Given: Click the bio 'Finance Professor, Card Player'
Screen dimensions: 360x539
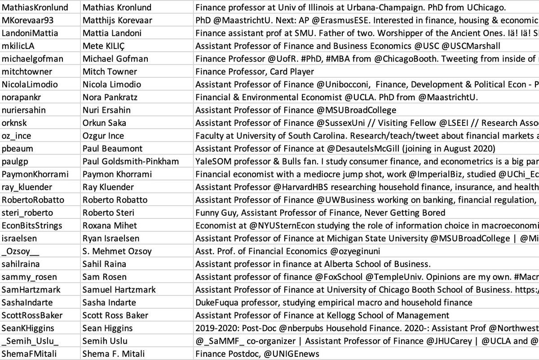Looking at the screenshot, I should coord(255,71).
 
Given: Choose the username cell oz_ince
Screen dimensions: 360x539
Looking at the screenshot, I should coord(17,136).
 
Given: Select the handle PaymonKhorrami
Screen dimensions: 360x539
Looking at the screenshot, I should coord(32,174).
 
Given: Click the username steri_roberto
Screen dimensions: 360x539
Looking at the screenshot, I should coord(27,213).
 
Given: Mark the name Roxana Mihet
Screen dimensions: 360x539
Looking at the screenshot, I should coord(110,226).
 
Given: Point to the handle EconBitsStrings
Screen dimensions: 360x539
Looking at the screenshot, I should coord(32,226).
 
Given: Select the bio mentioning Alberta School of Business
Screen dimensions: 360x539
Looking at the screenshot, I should coord(313,264).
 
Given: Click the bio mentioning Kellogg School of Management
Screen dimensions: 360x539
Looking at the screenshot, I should coord(322,316).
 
